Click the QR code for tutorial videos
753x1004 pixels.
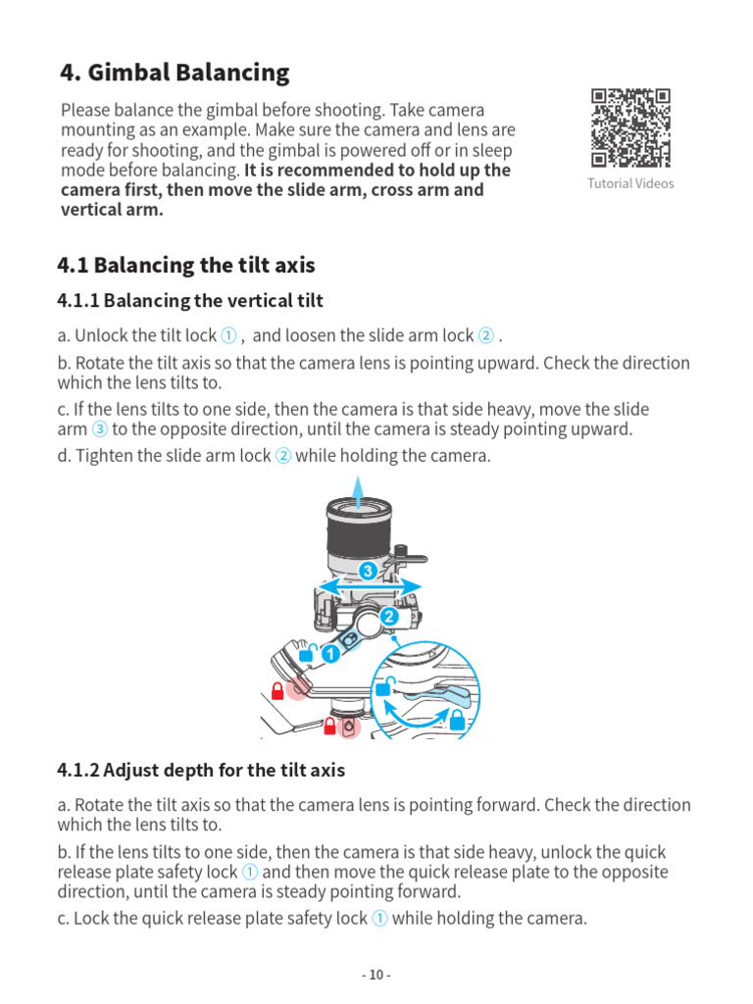630,127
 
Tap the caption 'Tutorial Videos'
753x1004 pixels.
630,183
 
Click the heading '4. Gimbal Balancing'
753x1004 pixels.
175,73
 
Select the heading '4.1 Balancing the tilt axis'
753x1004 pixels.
186,266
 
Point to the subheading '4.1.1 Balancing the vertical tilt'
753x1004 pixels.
190,300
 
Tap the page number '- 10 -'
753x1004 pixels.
376,975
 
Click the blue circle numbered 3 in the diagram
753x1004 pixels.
368,571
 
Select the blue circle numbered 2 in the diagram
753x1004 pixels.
387,617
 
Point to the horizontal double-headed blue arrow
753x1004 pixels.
367,587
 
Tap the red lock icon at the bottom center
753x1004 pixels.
330,726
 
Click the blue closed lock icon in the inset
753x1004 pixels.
456,721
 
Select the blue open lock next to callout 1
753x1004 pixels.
306,653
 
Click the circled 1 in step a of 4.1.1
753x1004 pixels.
227,336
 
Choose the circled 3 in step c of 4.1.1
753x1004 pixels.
100,428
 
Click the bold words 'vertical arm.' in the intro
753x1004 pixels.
112,209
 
